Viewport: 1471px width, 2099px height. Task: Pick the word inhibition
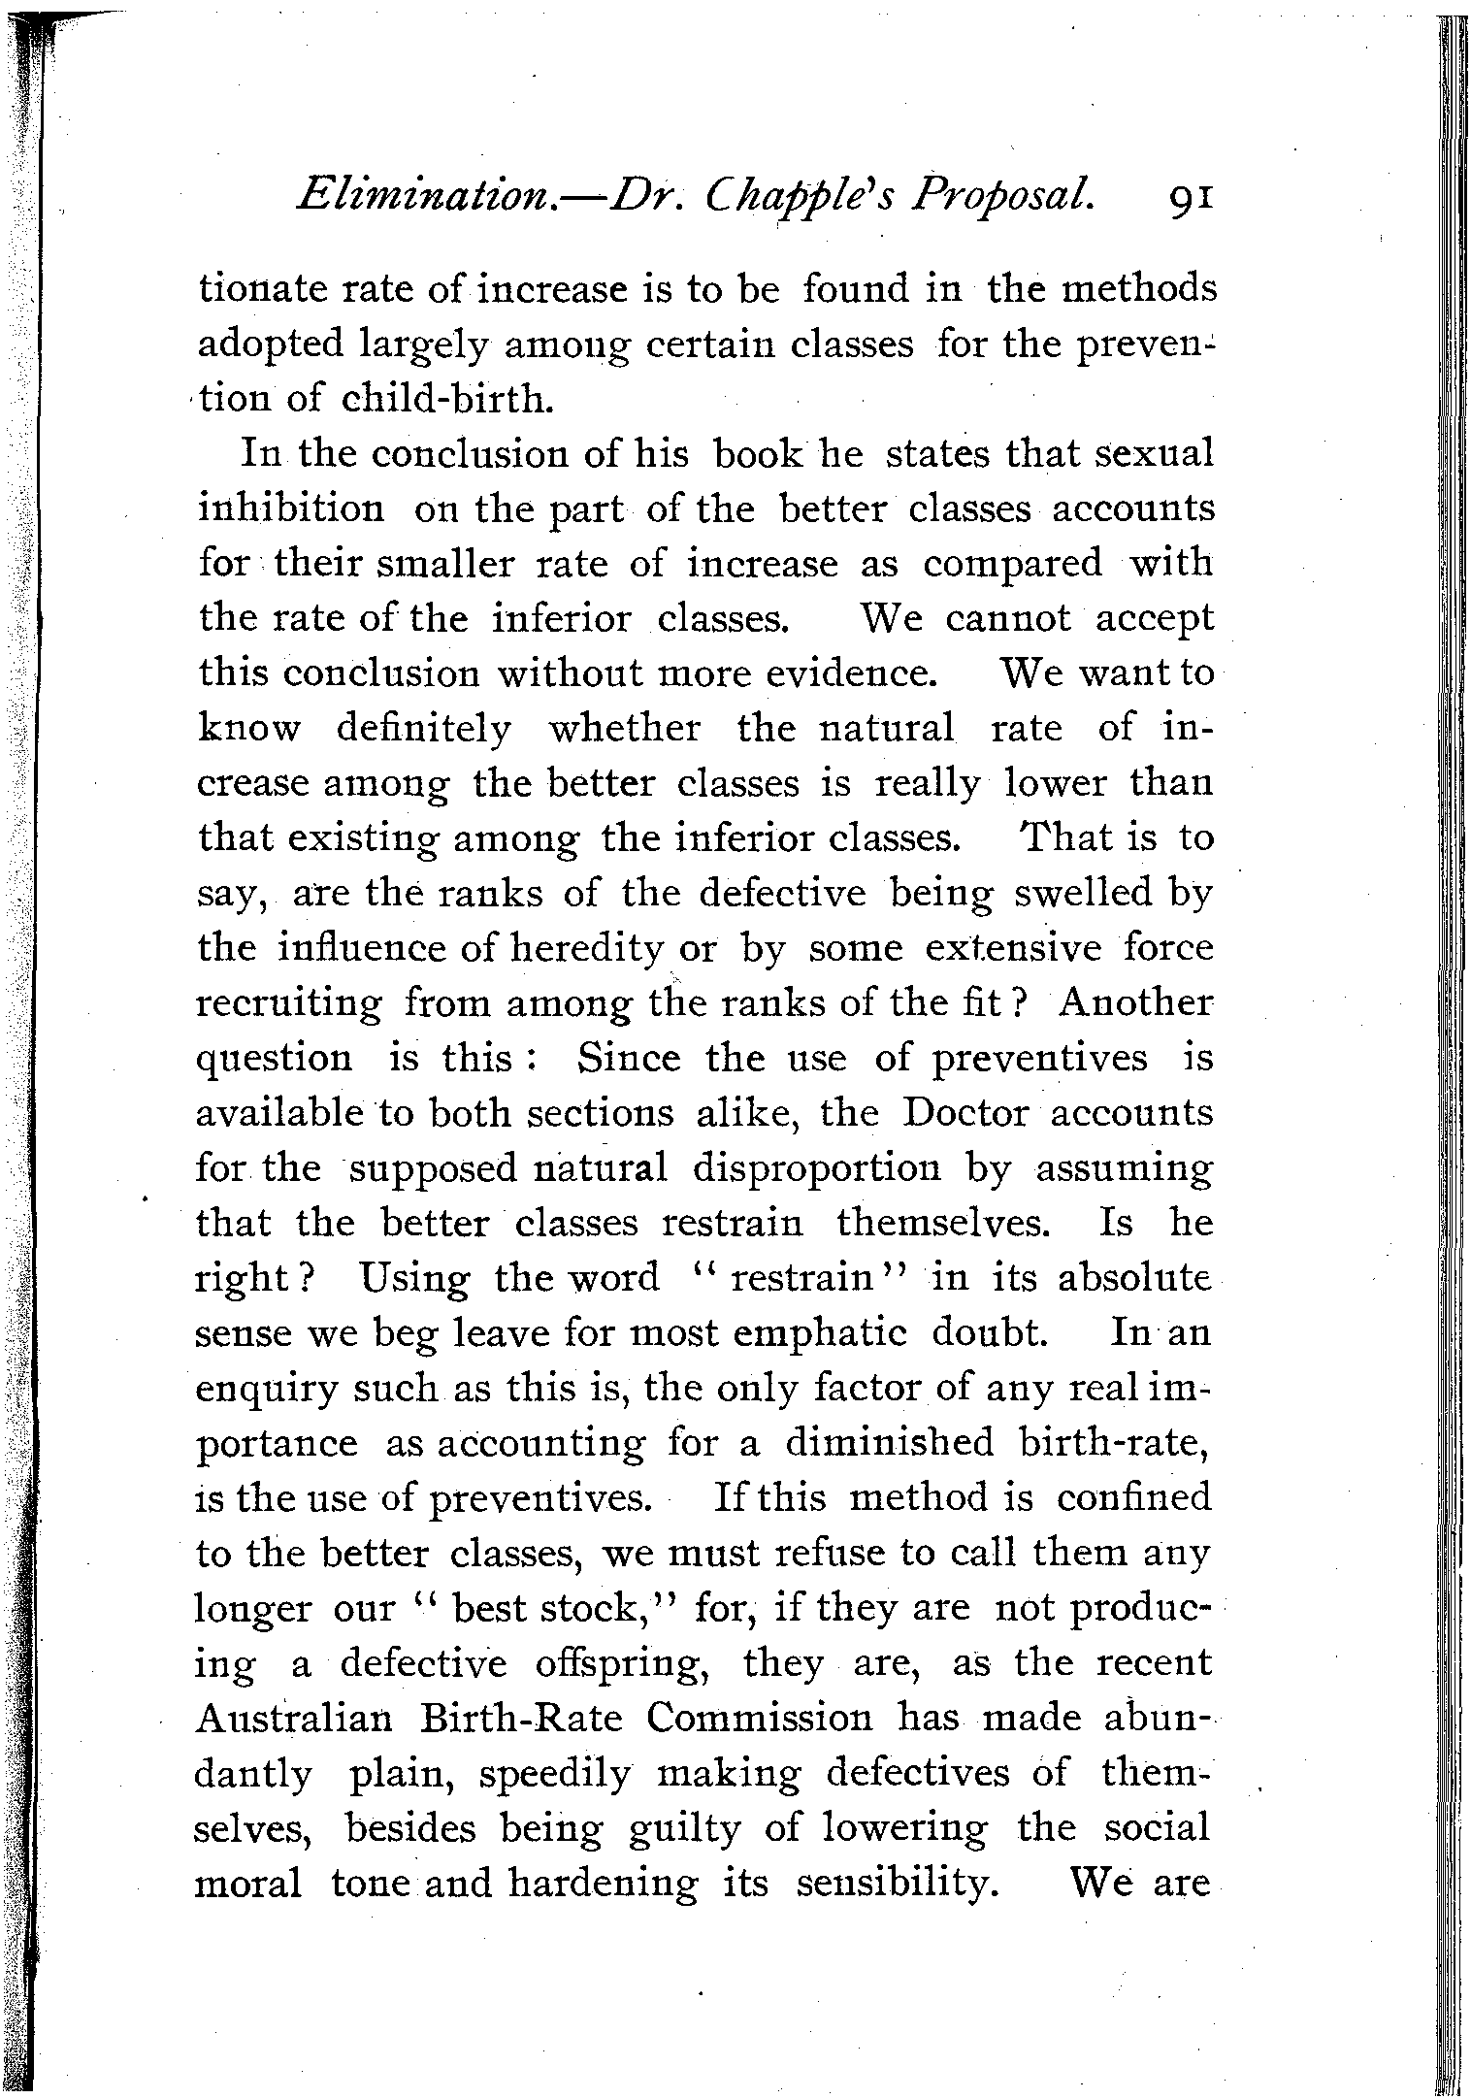[x=291, y=508]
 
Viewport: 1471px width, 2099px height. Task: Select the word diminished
[x=890, y=1443]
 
